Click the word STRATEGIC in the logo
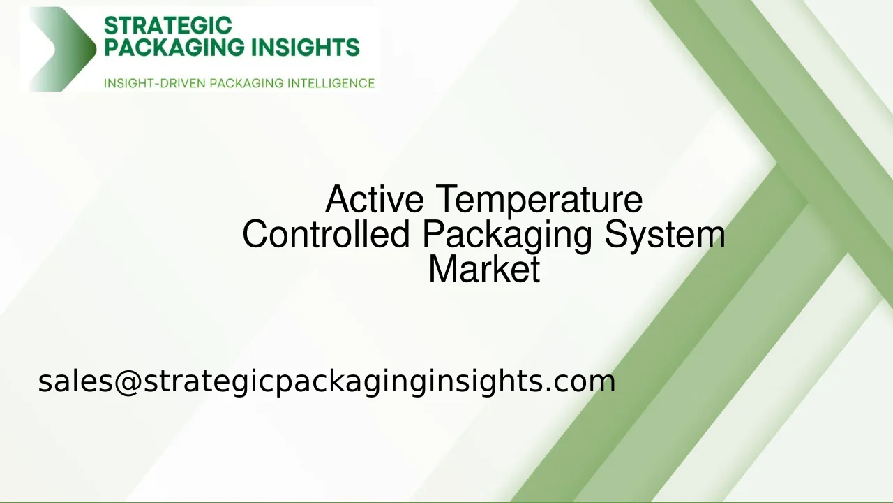coord(167,26)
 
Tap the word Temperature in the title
coord(539,199)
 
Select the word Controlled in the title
coord(326,234)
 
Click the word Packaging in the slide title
coord(507,234)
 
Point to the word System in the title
coord(665,234)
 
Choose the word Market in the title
coord(484,269)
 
